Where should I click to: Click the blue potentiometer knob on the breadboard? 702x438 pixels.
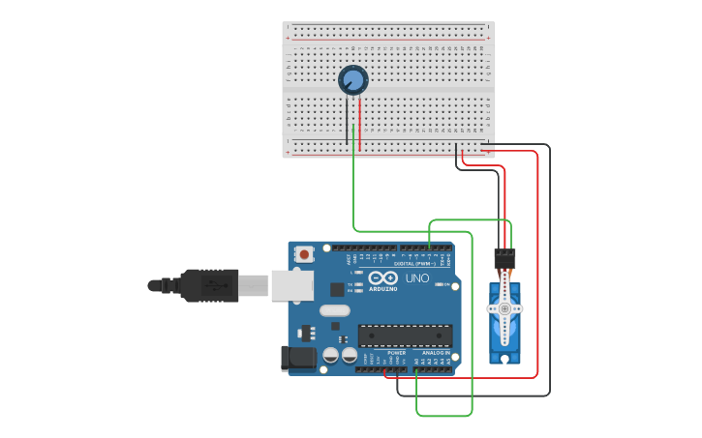tap(353, 80)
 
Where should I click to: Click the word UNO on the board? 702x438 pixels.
tap(416, 278)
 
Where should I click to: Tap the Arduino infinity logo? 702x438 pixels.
tap(382, 277)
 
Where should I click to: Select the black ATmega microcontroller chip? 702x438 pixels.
tap(405, 336)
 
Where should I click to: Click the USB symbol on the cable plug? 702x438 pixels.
tap(214, 285)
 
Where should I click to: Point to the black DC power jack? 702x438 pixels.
tap(297, 359)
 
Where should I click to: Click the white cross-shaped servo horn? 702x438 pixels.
tap(504, 308)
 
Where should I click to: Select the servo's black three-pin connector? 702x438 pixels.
tap(504, 258)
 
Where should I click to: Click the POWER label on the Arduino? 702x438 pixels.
tap(397, 353)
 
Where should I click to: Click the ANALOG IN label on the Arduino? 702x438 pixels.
tap(436, 353)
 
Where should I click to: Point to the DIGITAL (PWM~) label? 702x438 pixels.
tap(415, 264)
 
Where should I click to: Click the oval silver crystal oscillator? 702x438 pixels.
tap(333, 311)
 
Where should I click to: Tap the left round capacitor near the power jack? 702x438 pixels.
tap(331, 355)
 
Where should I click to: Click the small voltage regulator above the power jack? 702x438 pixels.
tap(308, 333)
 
